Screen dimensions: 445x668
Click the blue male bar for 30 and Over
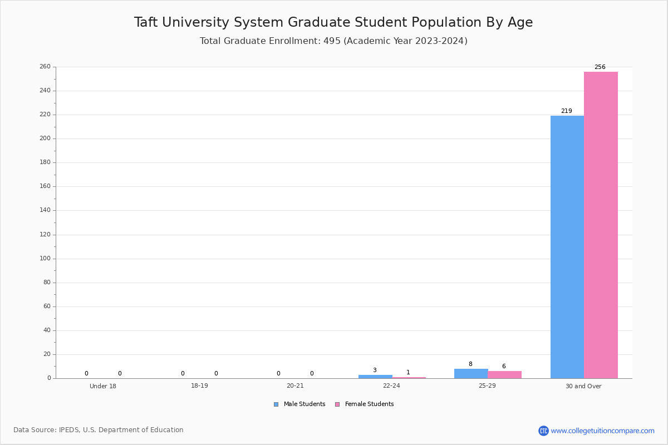click(567, 247)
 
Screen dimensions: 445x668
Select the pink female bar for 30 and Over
click(601, 225)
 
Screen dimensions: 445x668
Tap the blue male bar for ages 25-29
click(471, 373)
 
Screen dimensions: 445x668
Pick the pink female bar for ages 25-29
click(504, 374)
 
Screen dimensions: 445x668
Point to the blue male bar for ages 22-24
click(375, 377)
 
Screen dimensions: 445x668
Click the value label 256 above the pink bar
click(600, 67)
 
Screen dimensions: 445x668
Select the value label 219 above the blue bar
click(566, 111)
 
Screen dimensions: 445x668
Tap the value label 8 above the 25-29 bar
click(470, 364)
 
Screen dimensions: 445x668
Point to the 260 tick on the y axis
click(45, 67)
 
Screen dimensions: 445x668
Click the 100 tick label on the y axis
click(45, 259)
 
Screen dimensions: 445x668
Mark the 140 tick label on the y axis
click(45, 210)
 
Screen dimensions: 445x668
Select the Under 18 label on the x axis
click(103, 386)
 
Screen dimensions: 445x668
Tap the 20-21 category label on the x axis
click(295, 386)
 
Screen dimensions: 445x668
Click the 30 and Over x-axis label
click(583, 386)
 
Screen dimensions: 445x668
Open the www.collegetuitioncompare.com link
click(602, 431)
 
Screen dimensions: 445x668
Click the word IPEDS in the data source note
click(70, 430)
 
